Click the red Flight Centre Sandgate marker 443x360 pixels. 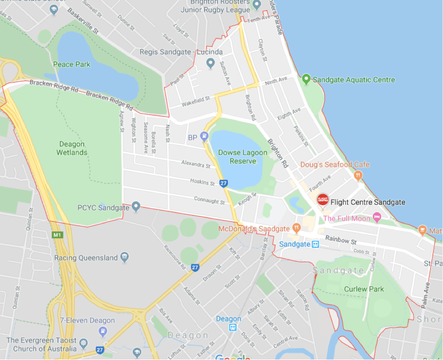point(323,200)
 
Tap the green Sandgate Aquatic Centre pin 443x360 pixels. point(306,79)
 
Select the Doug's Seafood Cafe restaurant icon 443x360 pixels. point(358,175)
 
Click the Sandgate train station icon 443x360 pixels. point(315,244)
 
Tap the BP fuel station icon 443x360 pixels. point(204,136)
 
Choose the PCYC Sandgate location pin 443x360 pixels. point(136,207)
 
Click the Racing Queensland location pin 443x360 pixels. point(124,257)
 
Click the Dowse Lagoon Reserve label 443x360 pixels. point(243,157)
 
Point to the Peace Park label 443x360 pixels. point(72,65)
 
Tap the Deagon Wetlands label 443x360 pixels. point(72,149)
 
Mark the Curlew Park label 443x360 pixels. point(364,289)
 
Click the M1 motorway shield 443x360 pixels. point(57,236)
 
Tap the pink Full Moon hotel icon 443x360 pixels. point(377,218)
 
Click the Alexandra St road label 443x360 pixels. point(196,164)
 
